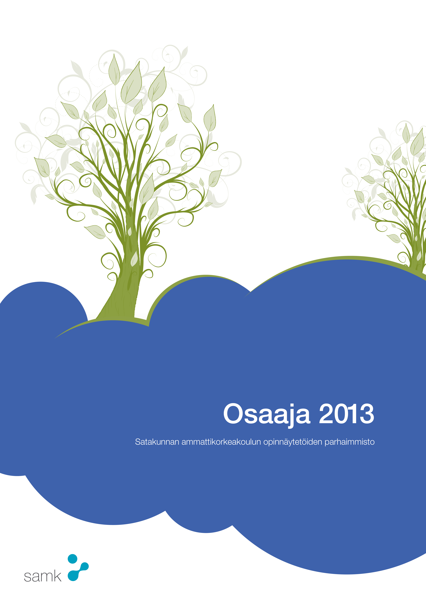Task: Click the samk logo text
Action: (43, 577)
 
